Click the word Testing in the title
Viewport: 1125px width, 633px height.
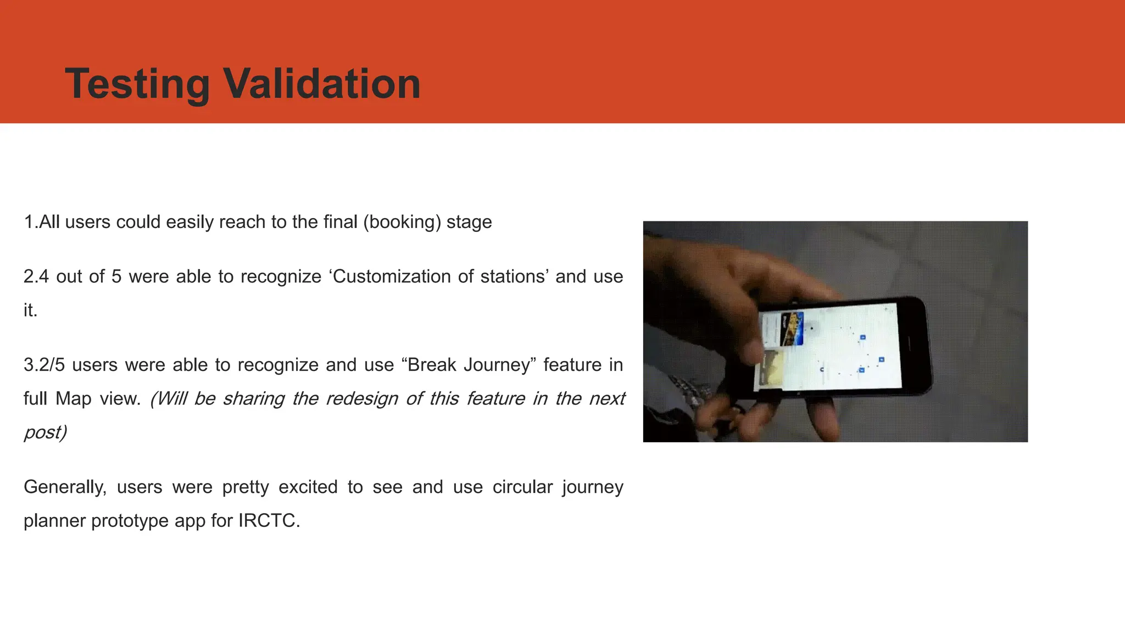point(137,84)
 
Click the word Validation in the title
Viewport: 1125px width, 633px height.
point(322,84)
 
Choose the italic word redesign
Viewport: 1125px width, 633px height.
point(362,398)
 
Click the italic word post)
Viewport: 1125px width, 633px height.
point(45,432)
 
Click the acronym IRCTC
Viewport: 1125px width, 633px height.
point(269,520)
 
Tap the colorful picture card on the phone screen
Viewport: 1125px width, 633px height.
point(792,329)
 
